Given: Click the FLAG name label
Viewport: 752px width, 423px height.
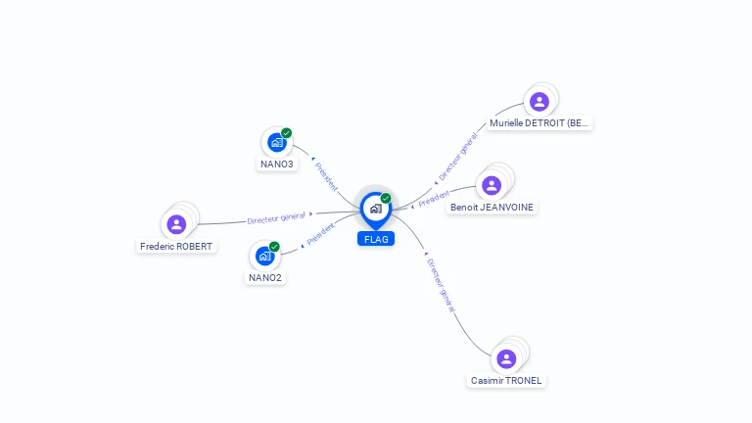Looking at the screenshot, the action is tap(376, 239).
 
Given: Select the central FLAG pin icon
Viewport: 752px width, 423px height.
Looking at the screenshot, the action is tap(376, 210).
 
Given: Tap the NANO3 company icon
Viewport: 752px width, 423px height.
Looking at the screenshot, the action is tap(277, 142).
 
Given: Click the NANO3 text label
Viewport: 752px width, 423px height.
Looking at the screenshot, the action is tap(277, 164).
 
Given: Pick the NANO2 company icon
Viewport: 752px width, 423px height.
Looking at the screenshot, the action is tap(264, 257).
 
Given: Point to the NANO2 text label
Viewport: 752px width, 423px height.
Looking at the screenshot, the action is tap(265, 278).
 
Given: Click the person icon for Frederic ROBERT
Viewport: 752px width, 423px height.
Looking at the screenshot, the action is tap(176, 224).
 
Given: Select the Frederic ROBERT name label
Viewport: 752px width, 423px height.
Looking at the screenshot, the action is tap(176, 247).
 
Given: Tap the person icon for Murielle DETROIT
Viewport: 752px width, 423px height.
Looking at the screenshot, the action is tap(540, 102).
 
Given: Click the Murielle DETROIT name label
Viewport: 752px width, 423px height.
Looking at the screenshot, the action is tap(539, 123).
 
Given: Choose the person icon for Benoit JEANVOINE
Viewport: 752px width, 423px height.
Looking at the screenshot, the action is tap(492, 186).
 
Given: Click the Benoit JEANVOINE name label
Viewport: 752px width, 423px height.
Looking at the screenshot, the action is tap(492, 208).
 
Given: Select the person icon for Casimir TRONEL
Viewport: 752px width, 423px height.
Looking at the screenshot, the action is tap(506, 358).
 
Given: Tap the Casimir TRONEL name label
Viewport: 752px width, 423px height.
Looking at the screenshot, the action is tap(506, 380).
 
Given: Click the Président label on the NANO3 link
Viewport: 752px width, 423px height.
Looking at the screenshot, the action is tap(326, 176).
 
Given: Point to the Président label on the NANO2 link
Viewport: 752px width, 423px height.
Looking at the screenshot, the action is tap(320, 234).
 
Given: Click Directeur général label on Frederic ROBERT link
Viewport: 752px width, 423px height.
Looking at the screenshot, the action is tap(276, 218).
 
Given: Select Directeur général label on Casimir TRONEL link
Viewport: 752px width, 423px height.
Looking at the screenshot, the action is tap(441, 285).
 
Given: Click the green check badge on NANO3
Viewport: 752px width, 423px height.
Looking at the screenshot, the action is tap(286, 133).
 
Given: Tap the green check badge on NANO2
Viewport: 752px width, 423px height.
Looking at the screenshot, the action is tap(274, 247).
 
